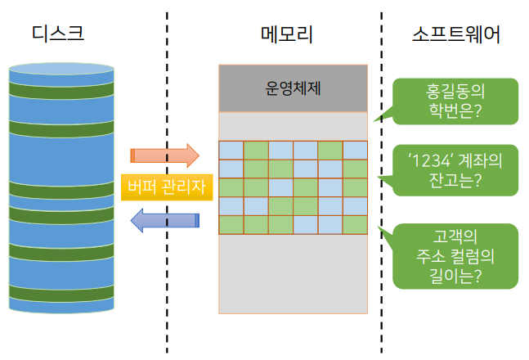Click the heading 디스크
coord(58,34)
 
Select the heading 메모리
coord(287,34)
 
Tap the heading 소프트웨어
coord(455,34)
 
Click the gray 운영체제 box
coord(293,88)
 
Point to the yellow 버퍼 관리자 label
coord(167,187)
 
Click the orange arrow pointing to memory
coord(165,155)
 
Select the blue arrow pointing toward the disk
coord(165,221)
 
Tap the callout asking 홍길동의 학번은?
coord(455,101)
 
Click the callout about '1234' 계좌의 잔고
coord(455,170)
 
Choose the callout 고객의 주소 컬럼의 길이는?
coord(455,256)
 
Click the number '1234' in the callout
coord(429,160)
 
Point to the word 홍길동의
coord(455,92)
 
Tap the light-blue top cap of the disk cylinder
coord(61,69)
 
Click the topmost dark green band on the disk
coord(61,90)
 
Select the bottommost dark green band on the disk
coord(61,293)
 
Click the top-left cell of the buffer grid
coord(231,151)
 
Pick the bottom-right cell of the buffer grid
coord(355,225)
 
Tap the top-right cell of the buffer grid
coord(355,151)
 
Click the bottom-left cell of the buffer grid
coord(231,225)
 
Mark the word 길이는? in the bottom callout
coord(455,276)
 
